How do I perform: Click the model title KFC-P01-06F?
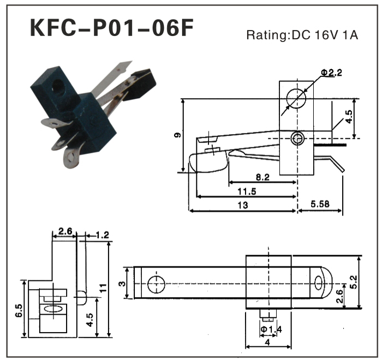[x=111, y=28]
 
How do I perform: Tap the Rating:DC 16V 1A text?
[x=302, y=36]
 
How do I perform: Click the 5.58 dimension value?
[x=320, y=205]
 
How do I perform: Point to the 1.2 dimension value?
[x=102, y=235]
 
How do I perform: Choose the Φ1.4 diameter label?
[x=271, y=329]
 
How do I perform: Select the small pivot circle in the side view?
[x=296, y=138]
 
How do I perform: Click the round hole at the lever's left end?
[x=156, y=283]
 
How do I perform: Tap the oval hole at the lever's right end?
[x=319, y=281]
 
